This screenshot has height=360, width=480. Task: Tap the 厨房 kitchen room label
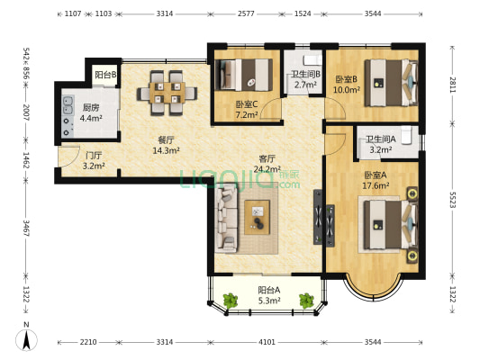tap(91, 108)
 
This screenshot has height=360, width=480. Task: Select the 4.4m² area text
tap(91, 118)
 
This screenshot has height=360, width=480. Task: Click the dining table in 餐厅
tap(168, 93)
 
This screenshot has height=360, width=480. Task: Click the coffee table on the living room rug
tap(258, 217)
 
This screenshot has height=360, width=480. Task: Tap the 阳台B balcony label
tap(105, 75)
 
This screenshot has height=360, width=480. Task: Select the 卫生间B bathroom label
tap(305, 74)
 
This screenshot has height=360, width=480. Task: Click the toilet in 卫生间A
tap(406, 135)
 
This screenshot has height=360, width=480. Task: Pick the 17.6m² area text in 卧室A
tap(376, 185)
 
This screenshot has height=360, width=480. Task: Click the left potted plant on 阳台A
tap(231, 301)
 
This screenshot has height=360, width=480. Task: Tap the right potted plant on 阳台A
tap(306, 301)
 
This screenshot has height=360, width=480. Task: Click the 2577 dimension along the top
tap(246, 13)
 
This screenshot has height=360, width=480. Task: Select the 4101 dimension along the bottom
tap(267, 342)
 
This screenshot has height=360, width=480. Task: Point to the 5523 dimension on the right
tap(453, 200)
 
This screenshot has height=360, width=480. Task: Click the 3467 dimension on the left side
tap(26, 228)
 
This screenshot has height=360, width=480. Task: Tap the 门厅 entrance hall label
tap(94, 156)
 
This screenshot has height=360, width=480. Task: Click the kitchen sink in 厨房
tap(68, 105)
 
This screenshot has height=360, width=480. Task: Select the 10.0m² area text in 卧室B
tap(347, 90)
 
